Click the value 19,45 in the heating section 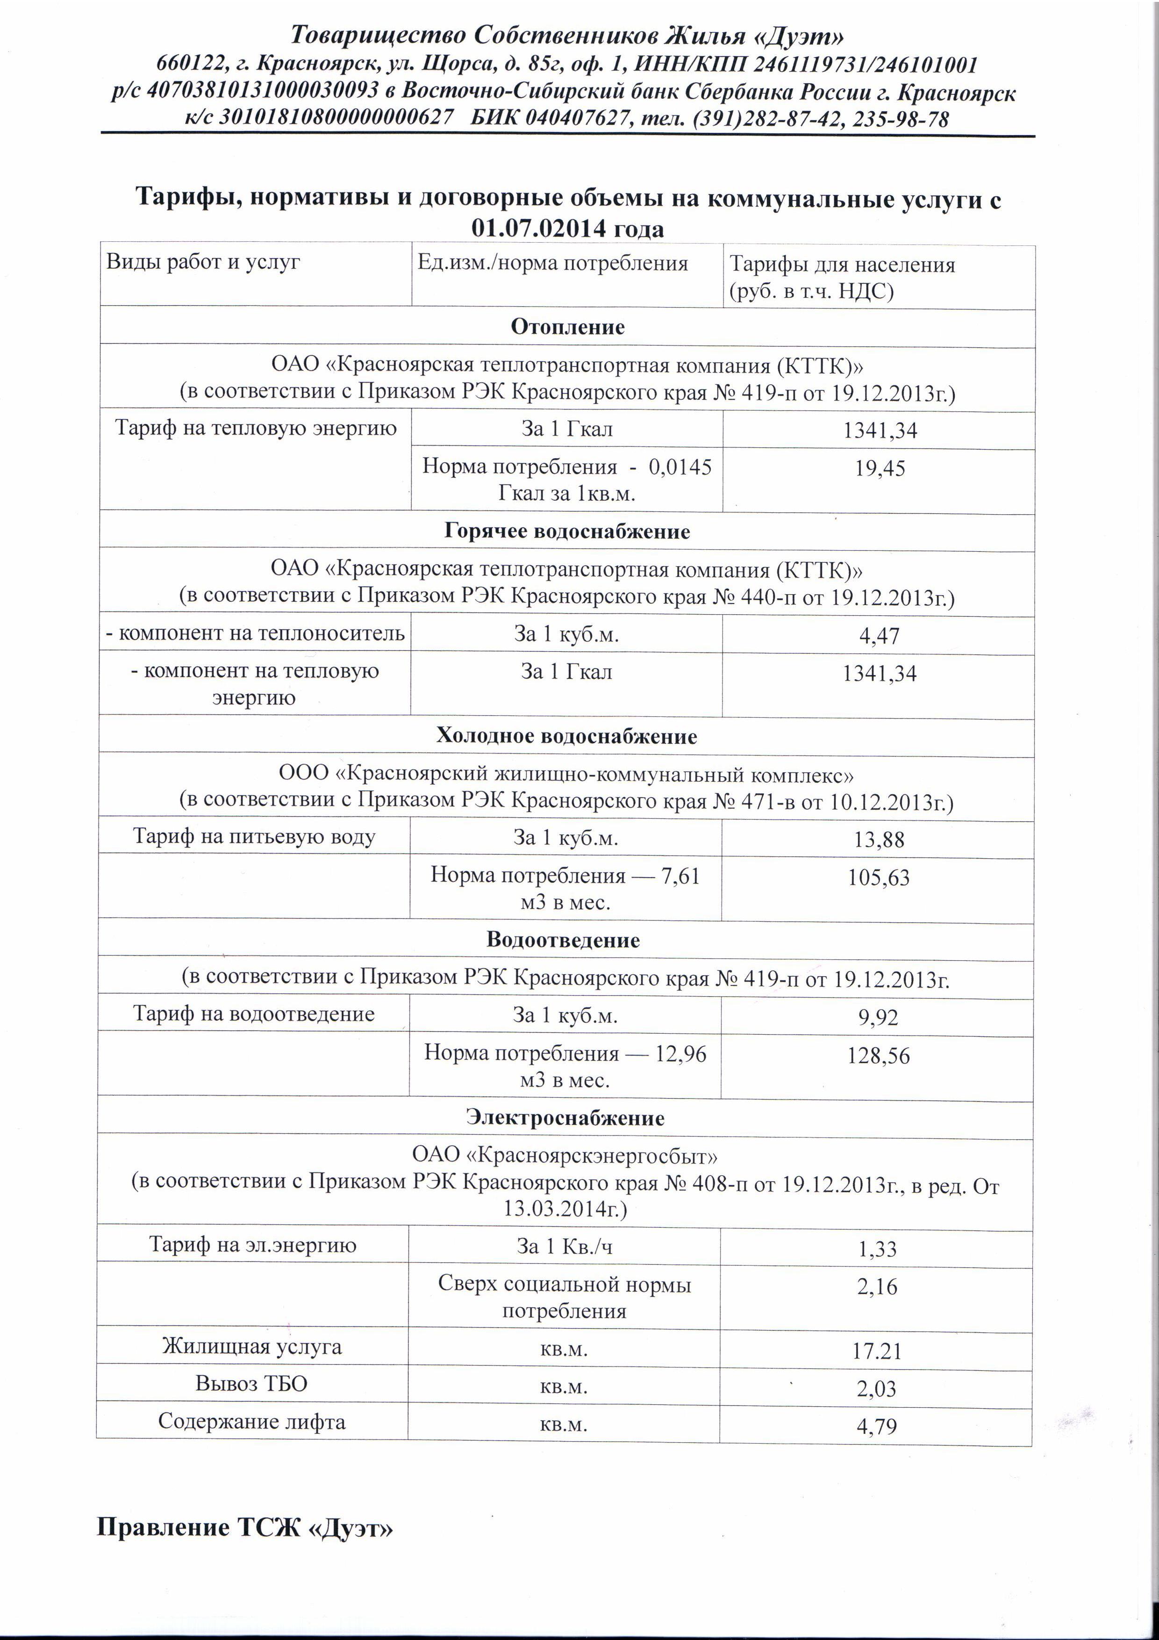point(880,468)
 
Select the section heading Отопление point(568,327)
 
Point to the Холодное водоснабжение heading point(566,736)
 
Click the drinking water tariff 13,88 point(879,839)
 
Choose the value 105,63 point(878,878)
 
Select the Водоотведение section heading point(563,940)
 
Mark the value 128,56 point(878,1056)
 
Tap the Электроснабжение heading point(565,1118)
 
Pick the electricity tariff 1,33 point(877,1249)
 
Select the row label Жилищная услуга point(252,1347)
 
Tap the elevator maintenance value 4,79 point(876,1426)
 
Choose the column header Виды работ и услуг point(203,262)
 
